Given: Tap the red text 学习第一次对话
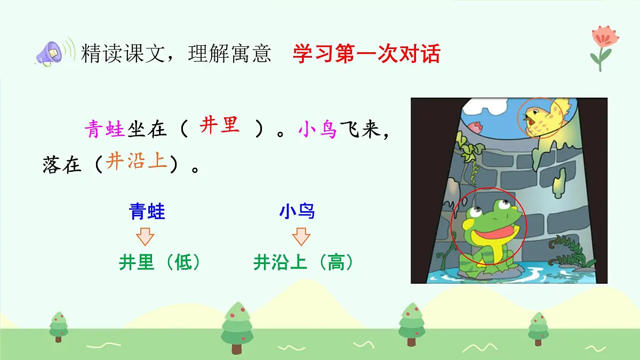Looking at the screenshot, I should (366, 54).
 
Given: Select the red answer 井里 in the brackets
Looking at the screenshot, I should (219, 126).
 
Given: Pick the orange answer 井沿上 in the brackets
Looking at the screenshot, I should (137, 161).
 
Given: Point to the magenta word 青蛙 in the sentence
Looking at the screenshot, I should (105, 129).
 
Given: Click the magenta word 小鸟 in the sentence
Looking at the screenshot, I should (318, 129).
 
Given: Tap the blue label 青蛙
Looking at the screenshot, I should (147, 212).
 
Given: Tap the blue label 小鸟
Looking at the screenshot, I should (297, 212).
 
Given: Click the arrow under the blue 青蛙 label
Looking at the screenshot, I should (145, 236).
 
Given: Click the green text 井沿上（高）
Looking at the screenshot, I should (303, 262).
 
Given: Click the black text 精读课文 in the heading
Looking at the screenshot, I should (123, 54).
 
